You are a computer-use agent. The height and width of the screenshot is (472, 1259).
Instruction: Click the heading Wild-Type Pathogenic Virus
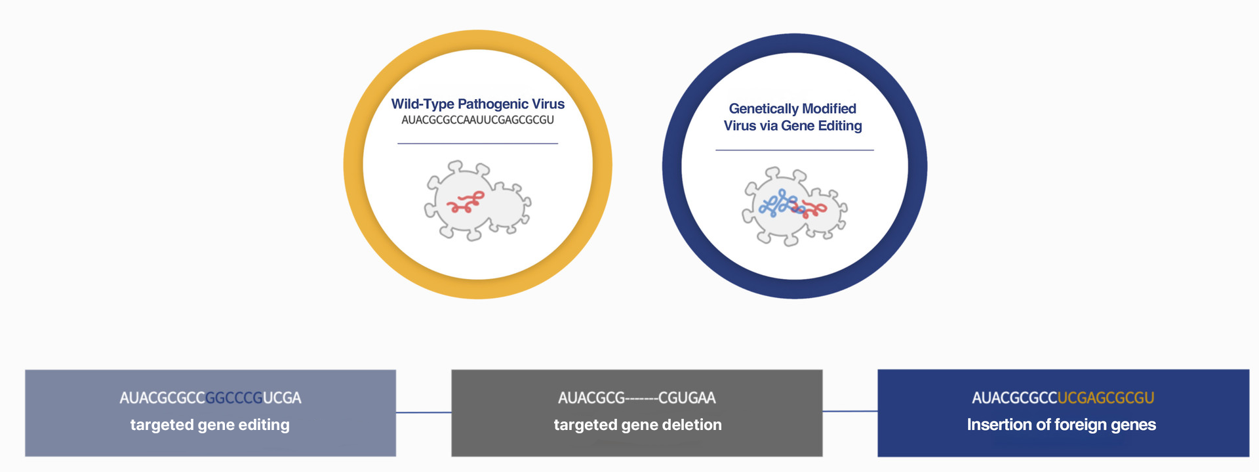coord(477,104)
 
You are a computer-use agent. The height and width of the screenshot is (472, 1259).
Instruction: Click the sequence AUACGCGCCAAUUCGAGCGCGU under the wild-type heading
coord(477,120)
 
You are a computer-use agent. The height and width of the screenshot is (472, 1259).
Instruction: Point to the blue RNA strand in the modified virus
coord(777,204)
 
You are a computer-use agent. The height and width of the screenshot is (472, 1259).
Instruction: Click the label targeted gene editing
coord(210,425)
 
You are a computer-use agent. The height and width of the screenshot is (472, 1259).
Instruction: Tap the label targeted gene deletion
coord(637,425)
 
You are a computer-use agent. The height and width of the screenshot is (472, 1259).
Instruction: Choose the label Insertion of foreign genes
coord(1061,425)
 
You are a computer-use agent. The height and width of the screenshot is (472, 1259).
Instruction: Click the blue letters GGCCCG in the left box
coord(234,398)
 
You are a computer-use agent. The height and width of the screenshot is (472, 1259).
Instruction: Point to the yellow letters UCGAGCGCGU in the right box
coord(1106,398)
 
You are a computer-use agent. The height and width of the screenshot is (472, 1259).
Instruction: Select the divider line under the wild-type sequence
coord(477,143)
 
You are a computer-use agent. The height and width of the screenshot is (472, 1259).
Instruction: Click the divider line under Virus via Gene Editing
coord(794,150)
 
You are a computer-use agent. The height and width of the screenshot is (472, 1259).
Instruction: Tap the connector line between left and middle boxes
coord(424,412)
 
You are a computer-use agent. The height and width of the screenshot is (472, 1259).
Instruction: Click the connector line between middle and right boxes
coord(850,412)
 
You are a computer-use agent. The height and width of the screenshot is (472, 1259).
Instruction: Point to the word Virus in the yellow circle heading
coord(548,104)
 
